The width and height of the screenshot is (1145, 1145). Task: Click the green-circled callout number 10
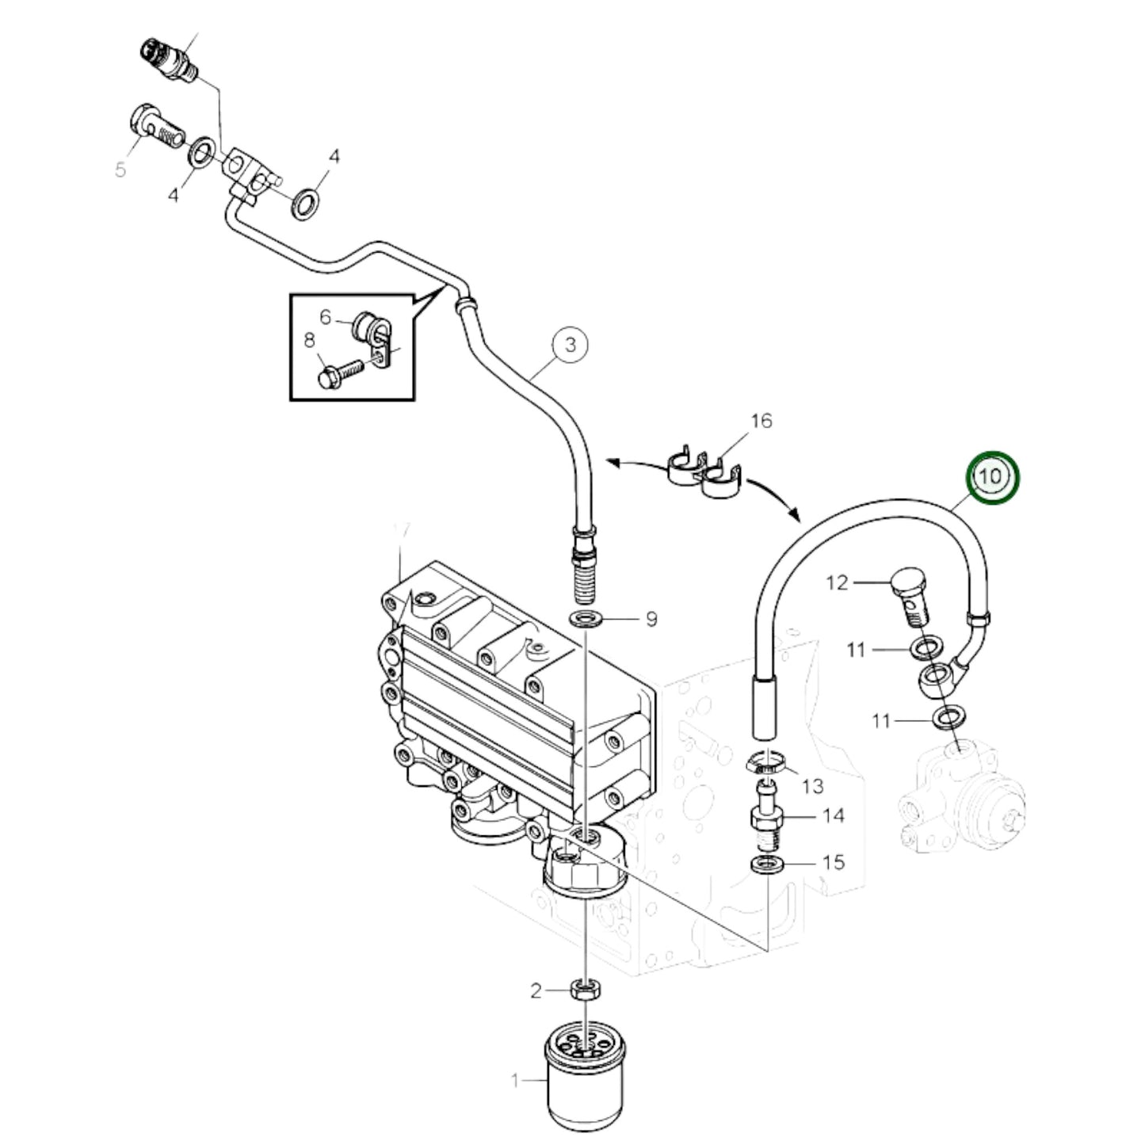[991, 477]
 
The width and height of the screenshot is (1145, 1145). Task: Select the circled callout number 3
[571, 345]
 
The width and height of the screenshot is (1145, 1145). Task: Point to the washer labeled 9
[585, 618]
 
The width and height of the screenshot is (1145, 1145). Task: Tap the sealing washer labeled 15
[766, 863]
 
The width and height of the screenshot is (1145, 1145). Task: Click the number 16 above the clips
[761, 420]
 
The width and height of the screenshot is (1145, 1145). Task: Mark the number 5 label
[120, 169]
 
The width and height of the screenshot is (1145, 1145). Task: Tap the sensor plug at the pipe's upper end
[166, 59]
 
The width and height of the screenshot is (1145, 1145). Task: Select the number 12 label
[838, 582]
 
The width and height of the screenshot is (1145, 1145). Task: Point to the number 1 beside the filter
[515, 1080]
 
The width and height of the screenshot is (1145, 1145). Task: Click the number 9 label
[651, 618]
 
